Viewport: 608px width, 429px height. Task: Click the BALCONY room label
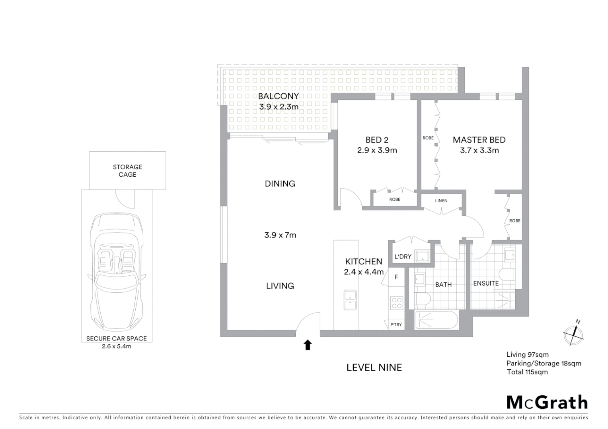click(x=278, y=96)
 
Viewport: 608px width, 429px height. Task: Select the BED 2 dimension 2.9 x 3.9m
click(x=377, y=151)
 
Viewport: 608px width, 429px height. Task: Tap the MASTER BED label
click(x=479, y=140)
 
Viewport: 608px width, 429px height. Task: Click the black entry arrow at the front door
click(x=308, y=345)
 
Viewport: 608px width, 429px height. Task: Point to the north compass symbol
click(x=573, y=335)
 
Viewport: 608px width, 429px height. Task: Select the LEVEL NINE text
click(x=374, y=367)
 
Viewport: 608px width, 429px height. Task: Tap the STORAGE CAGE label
click(x=127, y=171)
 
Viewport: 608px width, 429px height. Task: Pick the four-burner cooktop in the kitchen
click(x=397, y=303)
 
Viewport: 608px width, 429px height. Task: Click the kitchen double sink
click(x=350, y=300)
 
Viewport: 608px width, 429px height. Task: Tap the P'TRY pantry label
click(x=396, y=325)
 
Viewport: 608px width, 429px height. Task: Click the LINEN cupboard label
click(x=441, y=201)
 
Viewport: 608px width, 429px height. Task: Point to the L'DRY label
click(x=403, y=257)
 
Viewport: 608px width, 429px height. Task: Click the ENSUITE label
click(x=485, y=283)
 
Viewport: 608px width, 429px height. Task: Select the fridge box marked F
click(x=396, y=277)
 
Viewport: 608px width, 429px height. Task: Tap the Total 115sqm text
click(x=527, y=372)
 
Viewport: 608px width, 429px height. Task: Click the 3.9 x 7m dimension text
click(x=280, y=235)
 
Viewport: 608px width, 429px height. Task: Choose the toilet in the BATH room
click(x=422, y=299)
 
